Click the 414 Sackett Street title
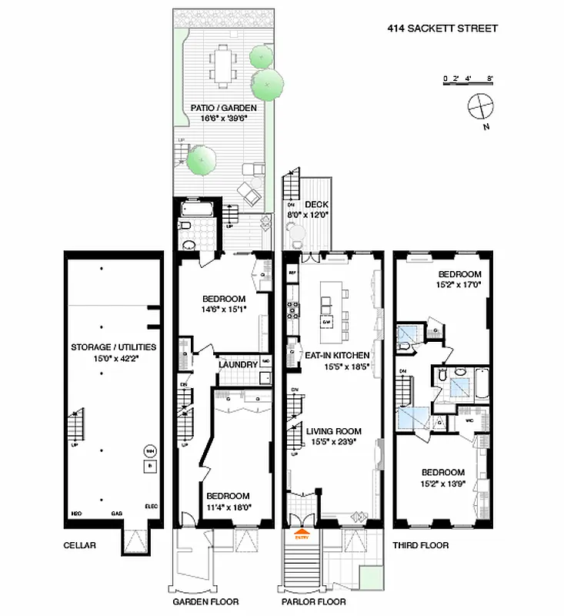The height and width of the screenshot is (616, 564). tap(442, 28)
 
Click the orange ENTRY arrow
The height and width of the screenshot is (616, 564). tap(301, 531)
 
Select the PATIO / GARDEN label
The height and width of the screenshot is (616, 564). tap(223, 109)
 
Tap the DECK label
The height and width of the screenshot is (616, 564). tap(317, 204)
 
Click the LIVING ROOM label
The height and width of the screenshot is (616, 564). tap(333, 431)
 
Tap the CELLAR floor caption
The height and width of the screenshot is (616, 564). tap(80, 545)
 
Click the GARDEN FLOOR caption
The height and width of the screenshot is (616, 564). tap(205, 602)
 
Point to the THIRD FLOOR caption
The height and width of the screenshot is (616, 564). tap(420, 545)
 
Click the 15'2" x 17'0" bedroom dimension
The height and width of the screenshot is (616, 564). tap(459, 283)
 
